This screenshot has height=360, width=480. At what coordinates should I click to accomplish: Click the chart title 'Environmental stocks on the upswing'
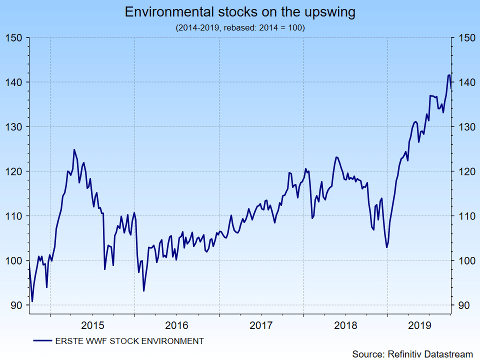[x=240, y=12]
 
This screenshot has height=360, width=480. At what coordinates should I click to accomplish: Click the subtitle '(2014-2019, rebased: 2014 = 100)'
[x=240, y=28]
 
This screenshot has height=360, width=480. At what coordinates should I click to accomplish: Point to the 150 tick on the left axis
[x=14, y=38]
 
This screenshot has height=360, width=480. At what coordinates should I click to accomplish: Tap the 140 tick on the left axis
[x=14, y=82]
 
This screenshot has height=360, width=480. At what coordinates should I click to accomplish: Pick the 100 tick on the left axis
[x=14, y=261]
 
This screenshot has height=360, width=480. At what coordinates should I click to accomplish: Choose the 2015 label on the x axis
[x=92, y=326]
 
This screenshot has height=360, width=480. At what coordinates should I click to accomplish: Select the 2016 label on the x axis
[x=176, y=326]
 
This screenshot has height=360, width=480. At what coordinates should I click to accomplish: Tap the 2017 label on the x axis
[x=261, y=326]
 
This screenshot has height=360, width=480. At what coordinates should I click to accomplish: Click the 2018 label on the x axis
[x=345, y=326]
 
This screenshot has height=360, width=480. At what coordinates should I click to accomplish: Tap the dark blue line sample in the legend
[x=43, y=341]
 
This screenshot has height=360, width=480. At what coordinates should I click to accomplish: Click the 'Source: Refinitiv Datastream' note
[x=412, y=354]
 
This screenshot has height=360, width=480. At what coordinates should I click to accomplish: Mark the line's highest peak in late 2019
[x=449, y=75]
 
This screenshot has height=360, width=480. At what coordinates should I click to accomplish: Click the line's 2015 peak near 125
[x=74, y=149]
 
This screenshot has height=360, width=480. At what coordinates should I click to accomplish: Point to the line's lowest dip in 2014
[x=32, y=301]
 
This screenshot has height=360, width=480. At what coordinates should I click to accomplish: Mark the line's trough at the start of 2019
[x=386, y=247]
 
